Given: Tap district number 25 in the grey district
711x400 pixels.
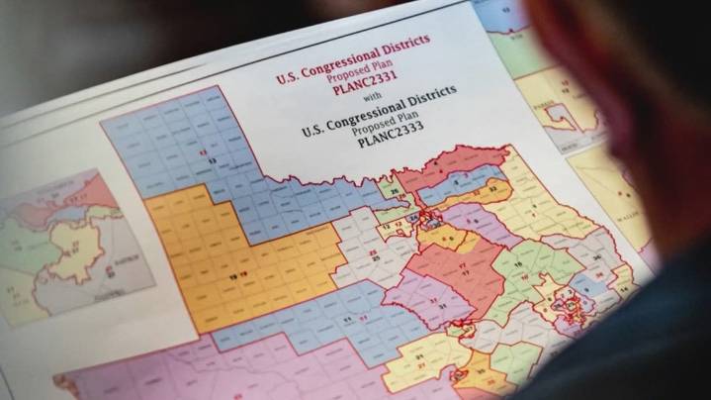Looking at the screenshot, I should click(372, 261).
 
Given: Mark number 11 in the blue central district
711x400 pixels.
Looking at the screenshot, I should click(347, 320).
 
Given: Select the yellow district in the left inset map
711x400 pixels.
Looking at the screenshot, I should click(74, 248).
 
